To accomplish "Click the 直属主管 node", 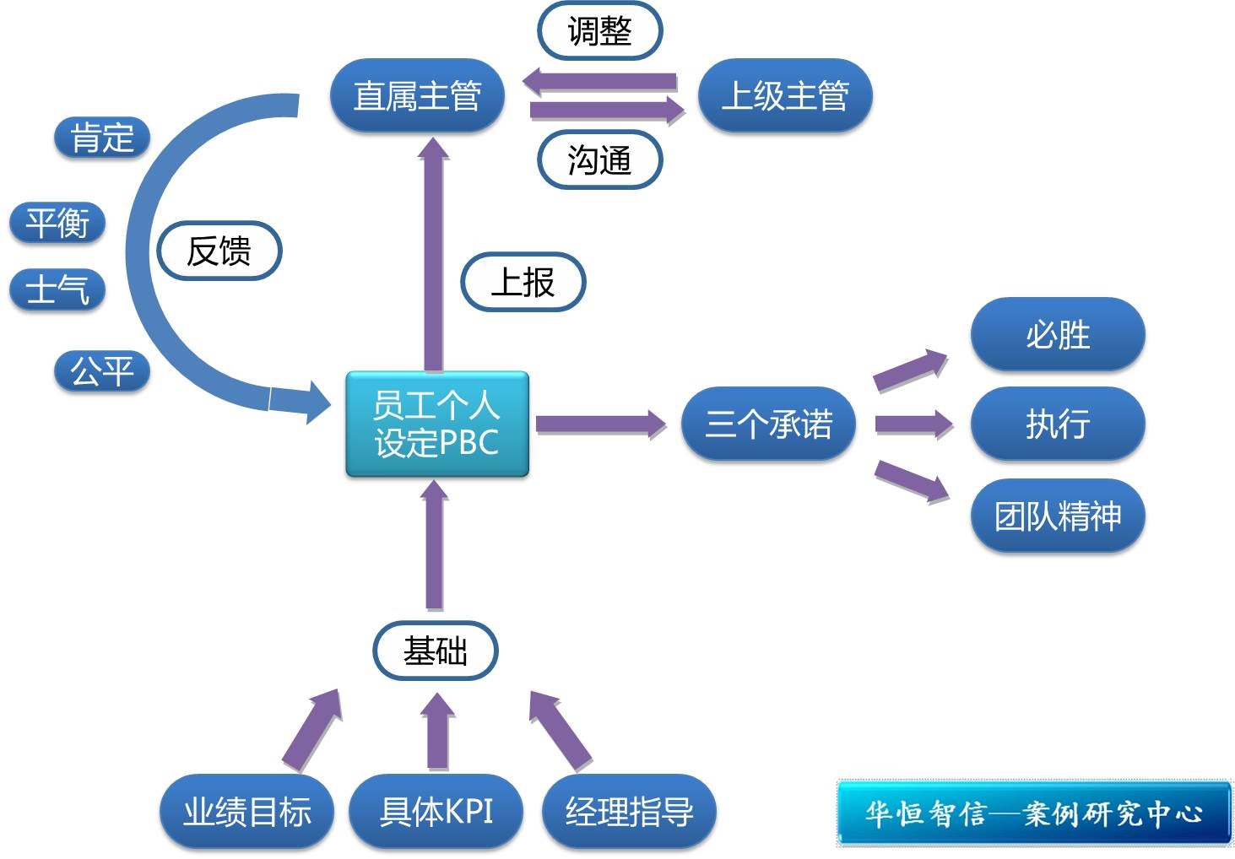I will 417,95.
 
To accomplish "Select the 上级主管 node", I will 785,95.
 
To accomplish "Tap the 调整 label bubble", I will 599,32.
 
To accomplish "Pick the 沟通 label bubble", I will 599,159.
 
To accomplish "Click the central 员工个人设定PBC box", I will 436,424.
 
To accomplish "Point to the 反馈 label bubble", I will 219,251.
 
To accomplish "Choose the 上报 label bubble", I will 523,282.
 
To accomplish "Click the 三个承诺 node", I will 768,424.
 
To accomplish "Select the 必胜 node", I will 1057,334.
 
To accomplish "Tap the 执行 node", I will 1057,424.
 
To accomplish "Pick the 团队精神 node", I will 1057,516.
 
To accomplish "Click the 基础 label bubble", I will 436,651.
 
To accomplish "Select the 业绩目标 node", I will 246,811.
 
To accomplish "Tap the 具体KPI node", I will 436,811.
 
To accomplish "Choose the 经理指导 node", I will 629,811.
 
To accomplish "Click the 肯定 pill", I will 102,138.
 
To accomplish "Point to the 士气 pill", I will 57,289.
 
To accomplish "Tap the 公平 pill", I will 102,371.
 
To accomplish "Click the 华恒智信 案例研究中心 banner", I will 1033,813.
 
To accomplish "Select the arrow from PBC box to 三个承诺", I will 599,424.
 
